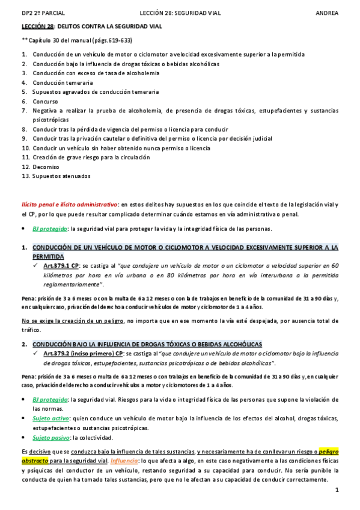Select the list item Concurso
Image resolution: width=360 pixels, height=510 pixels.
click(46, 102)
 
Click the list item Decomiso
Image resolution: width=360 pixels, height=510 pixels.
click(47, 167)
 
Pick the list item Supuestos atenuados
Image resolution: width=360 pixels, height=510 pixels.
click(62, 176)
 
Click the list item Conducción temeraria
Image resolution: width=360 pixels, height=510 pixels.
click(63, 82)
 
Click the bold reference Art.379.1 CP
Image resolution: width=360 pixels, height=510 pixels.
click(61, 265)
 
